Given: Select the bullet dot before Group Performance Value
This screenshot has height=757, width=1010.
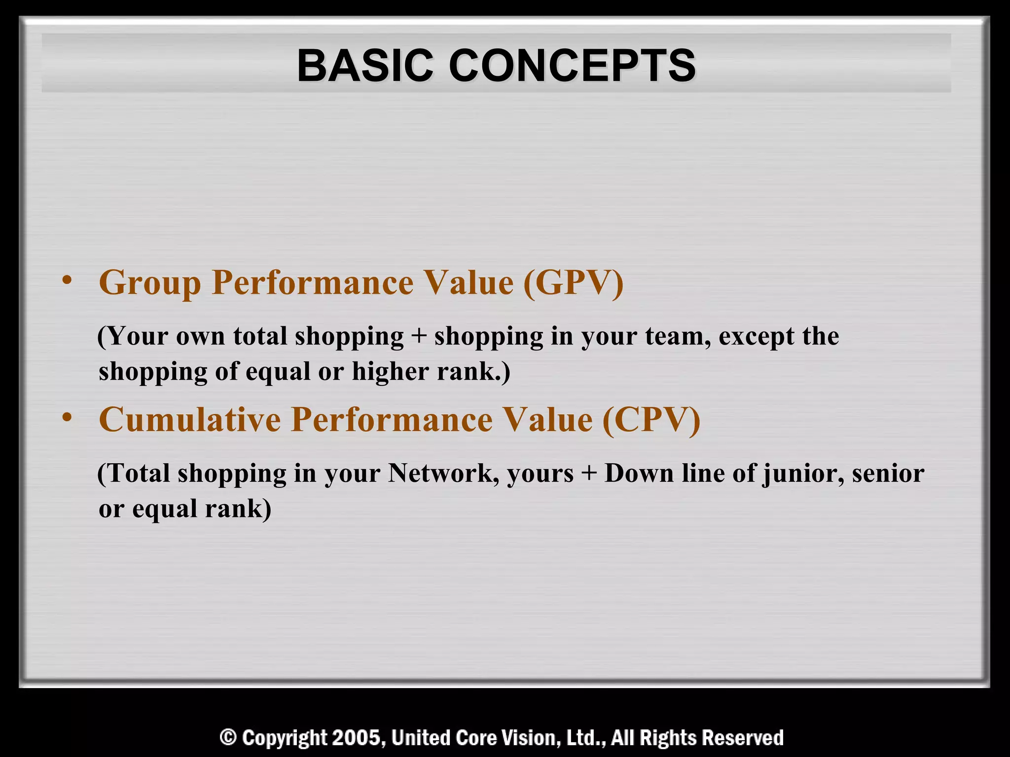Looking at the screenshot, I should tap(67, 281).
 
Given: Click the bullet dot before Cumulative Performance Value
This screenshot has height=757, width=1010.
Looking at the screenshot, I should tap(67, 418).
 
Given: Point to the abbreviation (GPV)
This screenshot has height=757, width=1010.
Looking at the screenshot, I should tap(573, 283).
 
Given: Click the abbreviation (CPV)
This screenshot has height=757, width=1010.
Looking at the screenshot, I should tap(651, 420).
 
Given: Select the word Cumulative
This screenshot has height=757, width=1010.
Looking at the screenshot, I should tap(190, 420).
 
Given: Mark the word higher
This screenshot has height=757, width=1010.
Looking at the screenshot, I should tap(390, 372).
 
